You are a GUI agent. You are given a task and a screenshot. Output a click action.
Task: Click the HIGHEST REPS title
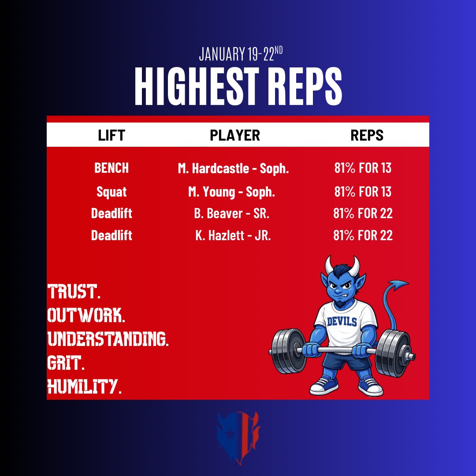(238, 86)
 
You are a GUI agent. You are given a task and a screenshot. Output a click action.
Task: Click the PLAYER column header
(235, 135)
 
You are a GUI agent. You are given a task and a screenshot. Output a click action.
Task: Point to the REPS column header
(367, 135)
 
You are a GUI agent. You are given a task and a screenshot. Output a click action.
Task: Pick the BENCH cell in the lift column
(112, 168)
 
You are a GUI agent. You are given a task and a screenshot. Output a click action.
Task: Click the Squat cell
(112, 192)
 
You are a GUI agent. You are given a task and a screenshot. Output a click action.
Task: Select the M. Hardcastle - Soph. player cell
(231, 168)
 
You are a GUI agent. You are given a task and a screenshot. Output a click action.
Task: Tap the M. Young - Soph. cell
(231, 192)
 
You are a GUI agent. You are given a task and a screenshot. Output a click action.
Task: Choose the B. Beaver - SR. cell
(231, 214)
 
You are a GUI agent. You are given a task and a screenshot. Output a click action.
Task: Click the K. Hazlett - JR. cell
(233, 236)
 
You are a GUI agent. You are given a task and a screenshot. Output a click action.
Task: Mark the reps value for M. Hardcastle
(363, 168)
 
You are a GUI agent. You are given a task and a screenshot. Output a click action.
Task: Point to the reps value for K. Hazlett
(363, 236)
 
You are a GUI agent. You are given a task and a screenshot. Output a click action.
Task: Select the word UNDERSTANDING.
(108, 339)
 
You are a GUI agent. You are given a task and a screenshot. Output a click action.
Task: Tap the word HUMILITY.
(84, 387)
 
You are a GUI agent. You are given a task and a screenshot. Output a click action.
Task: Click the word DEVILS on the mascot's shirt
(342, 321)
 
